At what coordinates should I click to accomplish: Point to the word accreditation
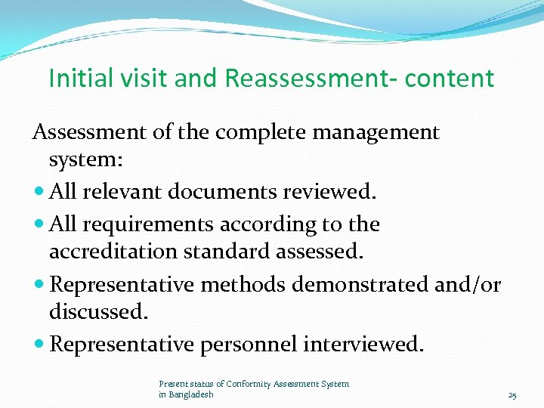(x=121, y=252)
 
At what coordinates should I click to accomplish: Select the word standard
(x=238, y=252)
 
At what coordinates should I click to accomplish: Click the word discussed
(x=97, y=311)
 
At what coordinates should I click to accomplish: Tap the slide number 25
(x=512, y=395)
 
